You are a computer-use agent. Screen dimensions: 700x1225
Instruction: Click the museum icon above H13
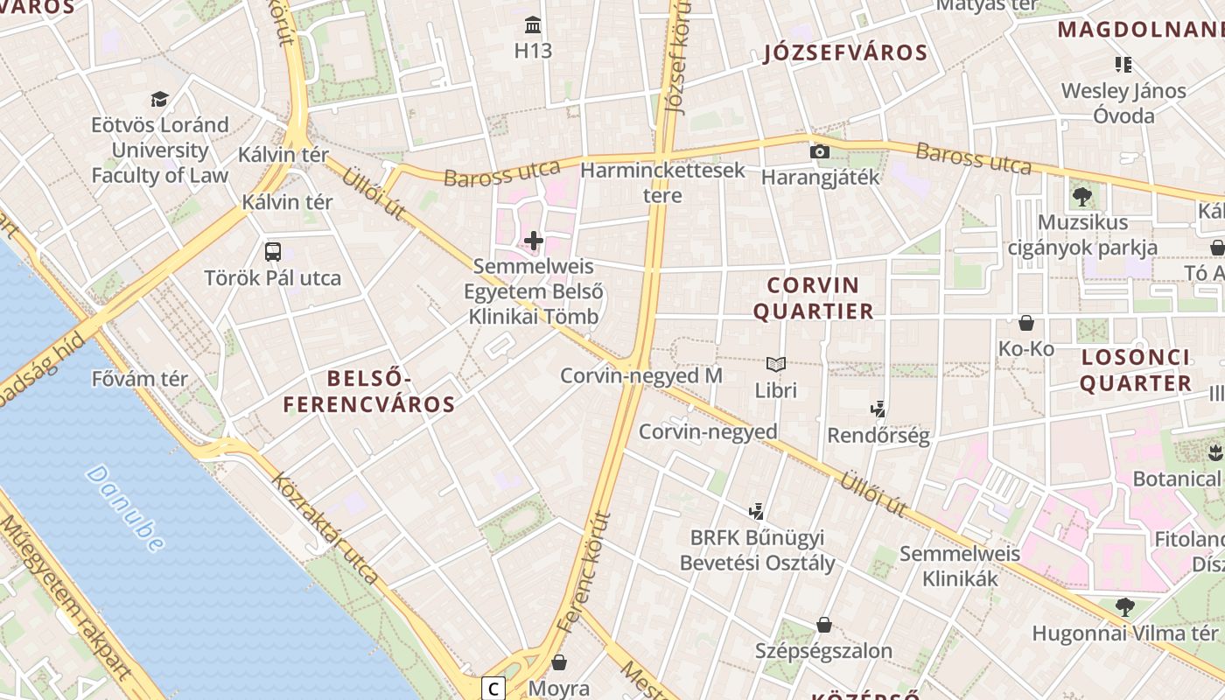coord(533,24)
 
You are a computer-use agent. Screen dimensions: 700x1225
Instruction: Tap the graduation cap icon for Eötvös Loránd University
coord(159,99)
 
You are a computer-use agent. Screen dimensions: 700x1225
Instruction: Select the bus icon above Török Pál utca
coord(273,252)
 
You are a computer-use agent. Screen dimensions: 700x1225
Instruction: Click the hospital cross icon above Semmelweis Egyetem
coord(534,240)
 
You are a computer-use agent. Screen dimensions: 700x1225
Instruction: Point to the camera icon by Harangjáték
coord(820,151)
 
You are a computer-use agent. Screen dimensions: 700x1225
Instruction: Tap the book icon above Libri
coord(776,364)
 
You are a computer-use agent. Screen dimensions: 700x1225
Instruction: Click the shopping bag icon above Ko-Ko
coord(1026,323)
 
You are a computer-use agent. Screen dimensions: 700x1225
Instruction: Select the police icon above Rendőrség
coord(878,409)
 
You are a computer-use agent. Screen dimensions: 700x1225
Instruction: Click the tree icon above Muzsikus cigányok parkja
coord(1082,196)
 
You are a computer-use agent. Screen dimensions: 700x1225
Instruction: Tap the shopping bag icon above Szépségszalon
coord(823,625)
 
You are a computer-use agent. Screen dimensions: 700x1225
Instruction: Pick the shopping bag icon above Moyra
coord(559,662)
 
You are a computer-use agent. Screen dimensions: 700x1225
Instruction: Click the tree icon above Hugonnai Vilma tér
coord(1124,606)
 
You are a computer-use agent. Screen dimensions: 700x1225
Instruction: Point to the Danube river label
coord(126,507)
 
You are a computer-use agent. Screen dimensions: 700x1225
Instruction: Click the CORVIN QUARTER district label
coord(813,298)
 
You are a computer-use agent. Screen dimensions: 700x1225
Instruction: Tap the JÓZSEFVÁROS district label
coord(845,52)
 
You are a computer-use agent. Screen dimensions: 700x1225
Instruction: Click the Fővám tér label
coord(140,379)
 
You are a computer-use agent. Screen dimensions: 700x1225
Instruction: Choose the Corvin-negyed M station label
coord(640,375)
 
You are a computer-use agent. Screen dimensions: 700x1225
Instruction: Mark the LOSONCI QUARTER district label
coord(1136,370)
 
